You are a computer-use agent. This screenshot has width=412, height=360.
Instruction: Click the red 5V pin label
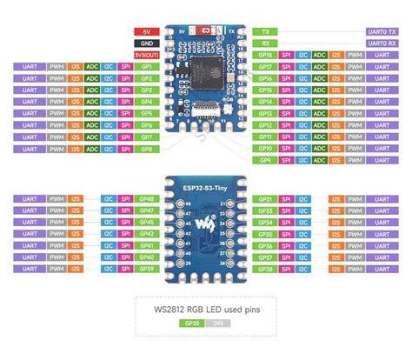click(x=145, y=30)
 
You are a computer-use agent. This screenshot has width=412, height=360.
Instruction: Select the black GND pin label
click(x=145, y=42)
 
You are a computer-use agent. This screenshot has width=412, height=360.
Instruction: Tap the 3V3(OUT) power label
click(x=145, y=54)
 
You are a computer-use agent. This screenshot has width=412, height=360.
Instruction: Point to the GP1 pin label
click(x=146, y=66)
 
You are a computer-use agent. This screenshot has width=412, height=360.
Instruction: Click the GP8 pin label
click(x=146, y=149)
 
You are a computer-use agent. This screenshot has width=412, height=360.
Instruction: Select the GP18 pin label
click(x=265, y=54)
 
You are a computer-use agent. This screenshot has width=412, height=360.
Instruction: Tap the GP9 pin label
click(x=265, y=160)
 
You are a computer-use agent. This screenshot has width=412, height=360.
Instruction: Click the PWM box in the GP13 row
click(x=356, y=113)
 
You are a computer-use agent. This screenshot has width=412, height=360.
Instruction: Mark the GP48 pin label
click(x=146, y=199)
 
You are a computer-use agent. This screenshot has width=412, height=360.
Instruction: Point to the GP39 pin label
click(x=146, y=270)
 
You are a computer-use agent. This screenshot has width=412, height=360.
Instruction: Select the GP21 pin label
click(x=265, y=199)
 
